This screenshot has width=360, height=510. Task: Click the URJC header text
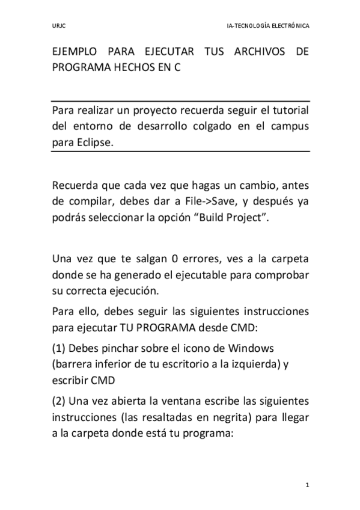(x=58, y=26)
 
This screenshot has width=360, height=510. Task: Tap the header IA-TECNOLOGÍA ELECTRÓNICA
(x=268, y=26)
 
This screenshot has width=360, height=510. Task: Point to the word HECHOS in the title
(x=139, y=68)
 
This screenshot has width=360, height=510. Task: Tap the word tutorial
(x=287, y=112)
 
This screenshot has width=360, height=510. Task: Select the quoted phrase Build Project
(x=232, y=217)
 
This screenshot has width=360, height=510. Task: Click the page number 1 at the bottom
(x=307, y=485)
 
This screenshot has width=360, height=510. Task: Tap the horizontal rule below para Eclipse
(x=180, y=152)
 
